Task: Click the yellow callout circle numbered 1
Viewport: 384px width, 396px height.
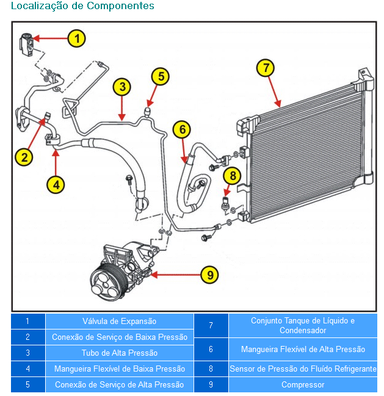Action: pyautogui.click(x=76, y=38)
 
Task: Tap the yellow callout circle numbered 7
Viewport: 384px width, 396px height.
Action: pyautogui.click(x=265, y=68)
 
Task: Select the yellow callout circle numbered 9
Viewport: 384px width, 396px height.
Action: pyautogui.click(x=210, y=275)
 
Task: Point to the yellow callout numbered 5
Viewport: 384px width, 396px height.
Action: pyautogui.click(x=161, y=76)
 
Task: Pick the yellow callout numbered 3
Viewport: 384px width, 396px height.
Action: pyautogui.click(x=122, y=87)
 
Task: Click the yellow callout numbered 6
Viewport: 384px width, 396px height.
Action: pyautogui.click(x=182, y=129)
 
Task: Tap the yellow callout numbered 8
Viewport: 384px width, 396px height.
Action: pyautogui.click(x=233, y=176)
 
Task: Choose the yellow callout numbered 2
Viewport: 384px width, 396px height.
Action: pyautogui.click(x=24, y=157)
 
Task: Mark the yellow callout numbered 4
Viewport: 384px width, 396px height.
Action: pyautogui.click(x=56, y=184)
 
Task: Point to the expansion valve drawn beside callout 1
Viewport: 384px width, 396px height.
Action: pyautogui.click(x=26, y=43)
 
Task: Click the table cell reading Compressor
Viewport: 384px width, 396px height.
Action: pyautogui.click(x=303, y=385)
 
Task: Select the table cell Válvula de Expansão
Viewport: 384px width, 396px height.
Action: pyautogui.click(x=119, y=321)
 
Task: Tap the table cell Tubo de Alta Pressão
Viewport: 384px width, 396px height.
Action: pyautogui.click(x=119, y=353)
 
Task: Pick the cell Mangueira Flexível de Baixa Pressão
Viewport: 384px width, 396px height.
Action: pyautogui.click(x=119, y=369)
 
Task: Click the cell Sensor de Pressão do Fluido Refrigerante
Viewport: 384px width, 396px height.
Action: pyautogui.click(x=303, y=369)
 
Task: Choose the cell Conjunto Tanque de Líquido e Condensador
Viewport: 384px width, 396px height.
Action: pyautogui.click(x=303, y=325)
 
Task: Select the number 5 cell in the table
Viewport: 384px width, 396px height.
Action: pyautogui.click(x=27, y=385)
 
